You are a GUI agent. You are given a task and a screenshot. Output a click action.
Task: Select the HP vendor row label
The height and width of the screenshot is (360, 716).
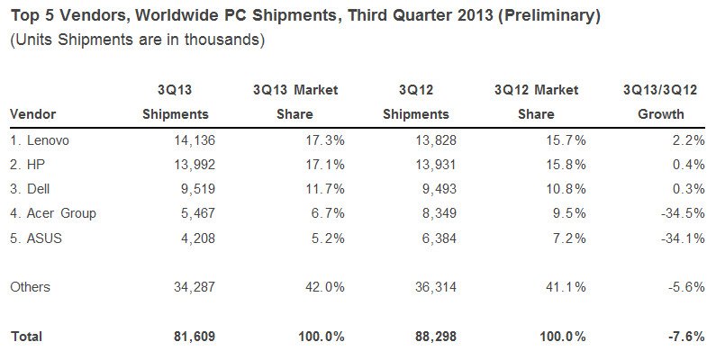pos(26,166)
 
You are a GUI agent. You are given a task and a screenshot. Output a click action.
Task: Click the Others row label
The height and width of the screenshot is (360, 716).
pos(31,287)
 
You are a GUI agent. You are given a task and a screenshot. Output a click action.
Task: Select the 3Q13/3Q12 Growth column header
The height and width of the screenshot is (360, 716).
pos(660,102)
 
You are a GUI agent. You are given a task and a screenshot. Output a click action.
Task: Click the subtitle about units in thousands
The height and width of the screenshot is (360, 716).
pos(136,40)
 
